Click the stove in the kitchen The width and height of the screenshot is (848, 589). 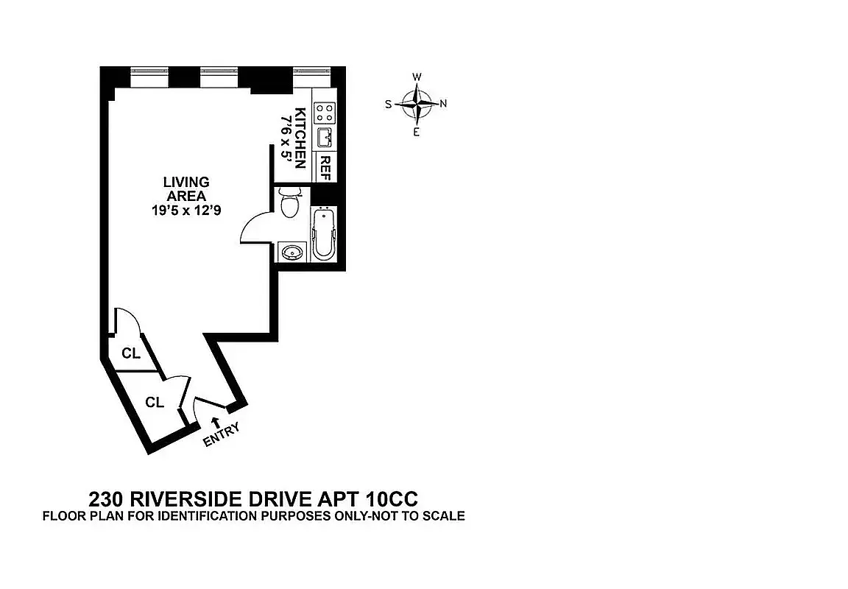coord(325,113)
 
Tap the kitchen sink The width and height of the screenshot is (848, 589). coord(325,137)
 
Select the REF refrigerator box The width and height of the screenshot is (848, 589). coord(325,167)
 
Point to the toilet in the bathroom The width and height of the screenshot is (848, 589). coord(291,202)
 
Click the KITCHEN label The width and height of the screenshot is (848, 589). coord(300,138)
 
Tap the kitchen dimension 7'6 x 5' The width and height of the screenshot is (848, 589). coord(285,138)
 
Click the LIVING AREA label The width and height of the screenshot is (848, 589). coord(186,188)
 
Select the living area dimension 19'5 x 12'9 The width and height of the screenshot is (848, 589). coord(186,210)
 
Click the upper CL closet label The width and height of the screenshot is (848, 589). coord(131,353)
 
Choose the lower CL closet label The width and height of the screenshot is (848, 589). coord(153,402)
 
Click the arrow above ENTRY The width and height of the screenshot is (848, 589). coord(214,421)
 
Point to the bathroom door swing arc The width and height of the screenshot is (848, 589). coord(252,228)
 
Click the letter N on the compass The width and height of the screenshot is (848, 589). coord(443,104)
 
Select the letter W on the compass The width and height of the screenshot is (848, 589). coord(417,77)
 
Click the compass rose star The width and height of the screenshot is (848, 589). coord(417,104)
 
